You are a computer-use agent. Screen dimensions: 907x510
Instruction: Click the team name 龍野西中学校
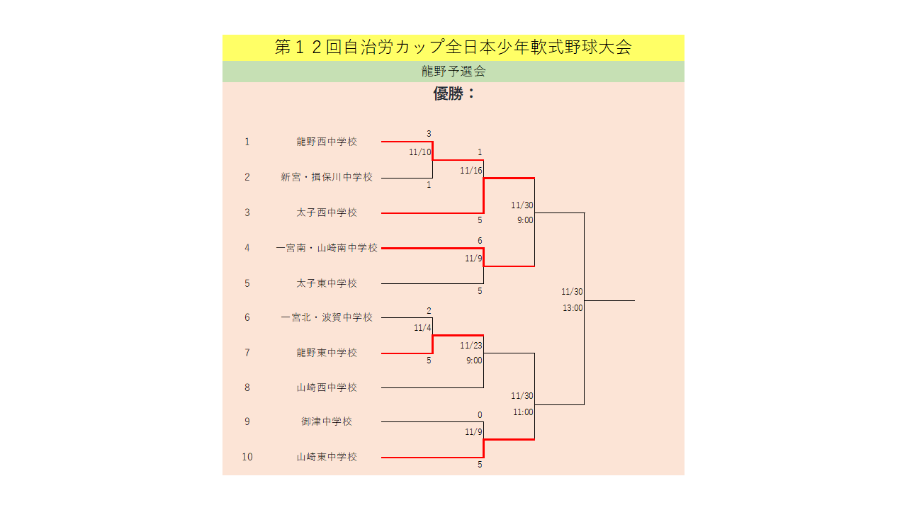(327, 142)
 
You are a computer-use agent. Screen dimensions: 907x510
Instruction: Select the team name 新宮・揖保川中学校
(327, 177)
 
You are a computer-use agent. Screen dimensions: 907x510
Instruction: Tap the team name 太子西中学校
(327, 212)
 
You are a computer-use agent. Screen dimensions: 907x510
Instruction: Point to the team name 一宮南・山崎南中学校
(327, 248)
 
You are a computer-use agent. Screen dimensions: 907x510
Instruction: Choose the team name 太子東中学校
(327, 283)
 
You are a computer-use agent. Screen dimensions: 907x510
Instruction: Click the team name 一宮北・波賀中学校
(327, 317)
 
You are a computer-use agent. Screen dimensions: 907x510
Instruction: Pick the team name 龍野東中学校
(327, 353)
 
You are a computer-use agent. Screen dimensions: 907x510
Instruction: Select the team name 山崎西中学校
(327, 387)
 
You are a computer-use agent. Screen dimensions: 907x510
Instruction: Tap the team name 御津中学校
(327, 421)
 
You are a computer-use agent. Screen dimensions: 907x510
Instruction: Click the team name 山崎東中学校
(327, 457)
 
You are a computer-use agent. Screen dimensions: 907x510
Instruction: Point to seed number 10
(247, 457)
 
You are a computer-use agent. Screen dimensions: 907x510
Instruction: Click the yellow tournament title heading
(453, 47)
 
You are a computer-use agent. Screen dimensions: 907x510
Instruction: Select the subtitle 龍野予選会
(453, 72)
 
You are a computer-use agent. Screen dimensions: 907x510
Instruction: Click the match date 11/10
(420, 152)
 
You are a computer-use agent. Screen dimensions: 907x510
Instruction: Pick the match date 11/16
(471, 171)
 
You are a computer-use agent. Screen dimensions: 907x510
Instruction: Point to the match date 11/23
(471, 346)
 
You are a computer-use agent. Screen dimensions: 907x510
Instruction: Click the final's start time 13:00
(573, 308)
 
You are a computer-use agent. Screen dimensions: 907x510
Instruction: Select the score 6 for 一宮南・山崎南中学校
(480, 241)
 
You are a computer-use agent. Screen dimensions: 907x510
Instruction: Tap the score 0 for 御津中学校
(480, 415)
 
